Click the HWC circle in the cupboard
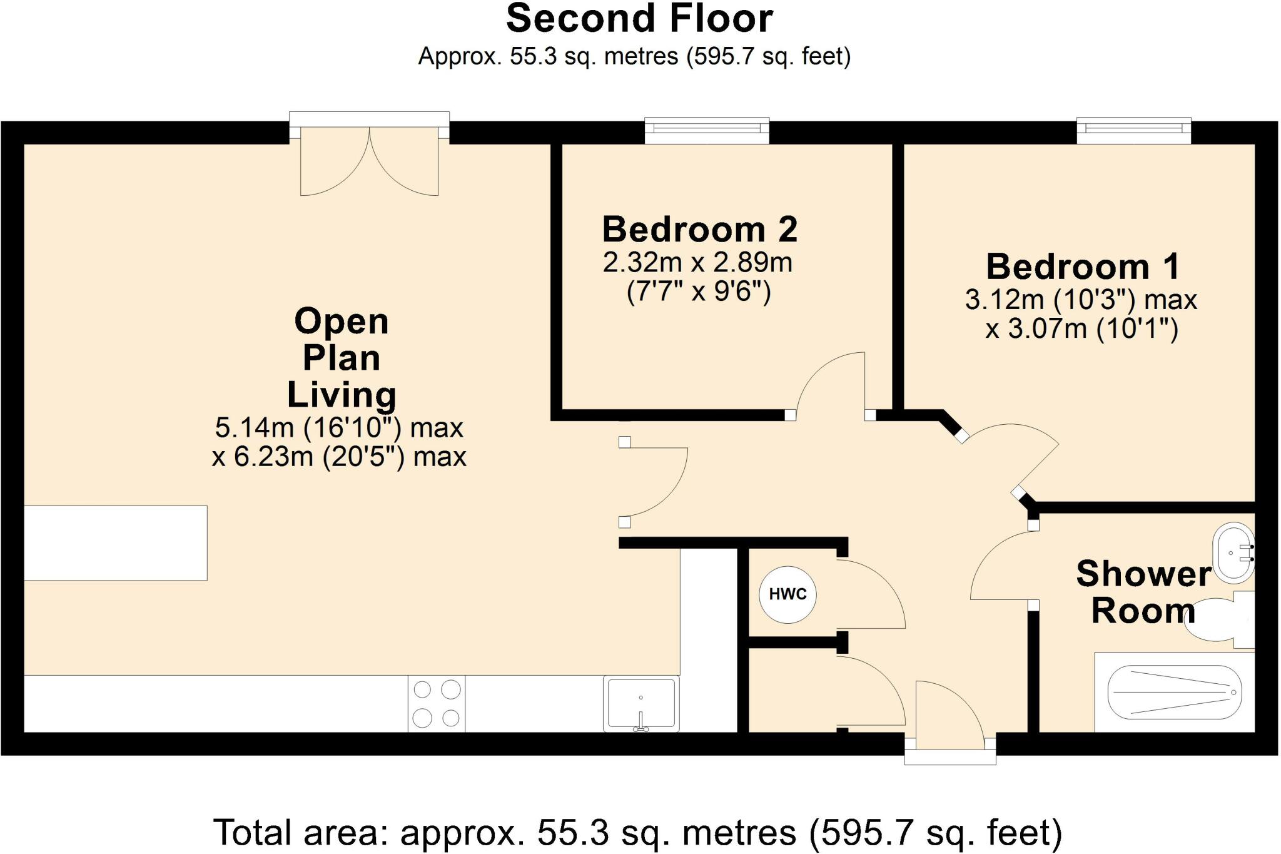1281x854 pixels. (787, 594)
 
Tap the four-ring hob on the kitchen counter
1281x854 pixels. (437, 704)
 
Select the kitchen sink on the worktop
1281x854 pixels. (641, 704)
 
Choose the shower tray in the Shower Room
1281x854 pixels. (1175, 692)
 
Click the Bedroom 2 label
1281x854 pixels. (699, 229)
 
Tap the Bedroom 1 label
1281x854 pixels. (1083, 267)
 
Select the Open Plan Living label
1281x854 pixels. (342, 358)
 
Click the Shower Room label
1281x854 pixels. (1144, 592)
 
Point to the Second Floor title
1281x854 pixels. (639, 19)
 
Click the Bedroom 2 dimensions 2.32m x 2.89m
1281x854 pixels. (697, 263)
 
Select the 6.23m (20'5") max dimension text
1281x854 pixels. (339, 457)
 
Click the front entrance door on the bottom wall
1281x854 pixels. (950, 723)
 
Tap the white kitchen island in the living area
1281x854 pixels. (115, 543)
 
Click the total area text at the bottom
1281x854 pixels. (638, 833)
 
